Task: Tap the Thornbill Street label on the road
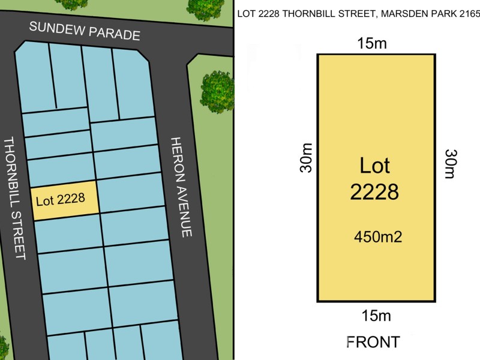point(14,198)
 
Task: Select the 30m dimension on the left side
point(306,157)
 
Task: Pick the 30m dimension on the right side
point(450,163)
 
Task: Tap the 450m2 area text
point(377,237)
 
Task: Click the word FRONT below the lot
point(373,342)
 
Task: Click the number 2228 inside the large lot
point(374,192)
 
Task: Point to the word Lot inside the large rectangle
point(374,165)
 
